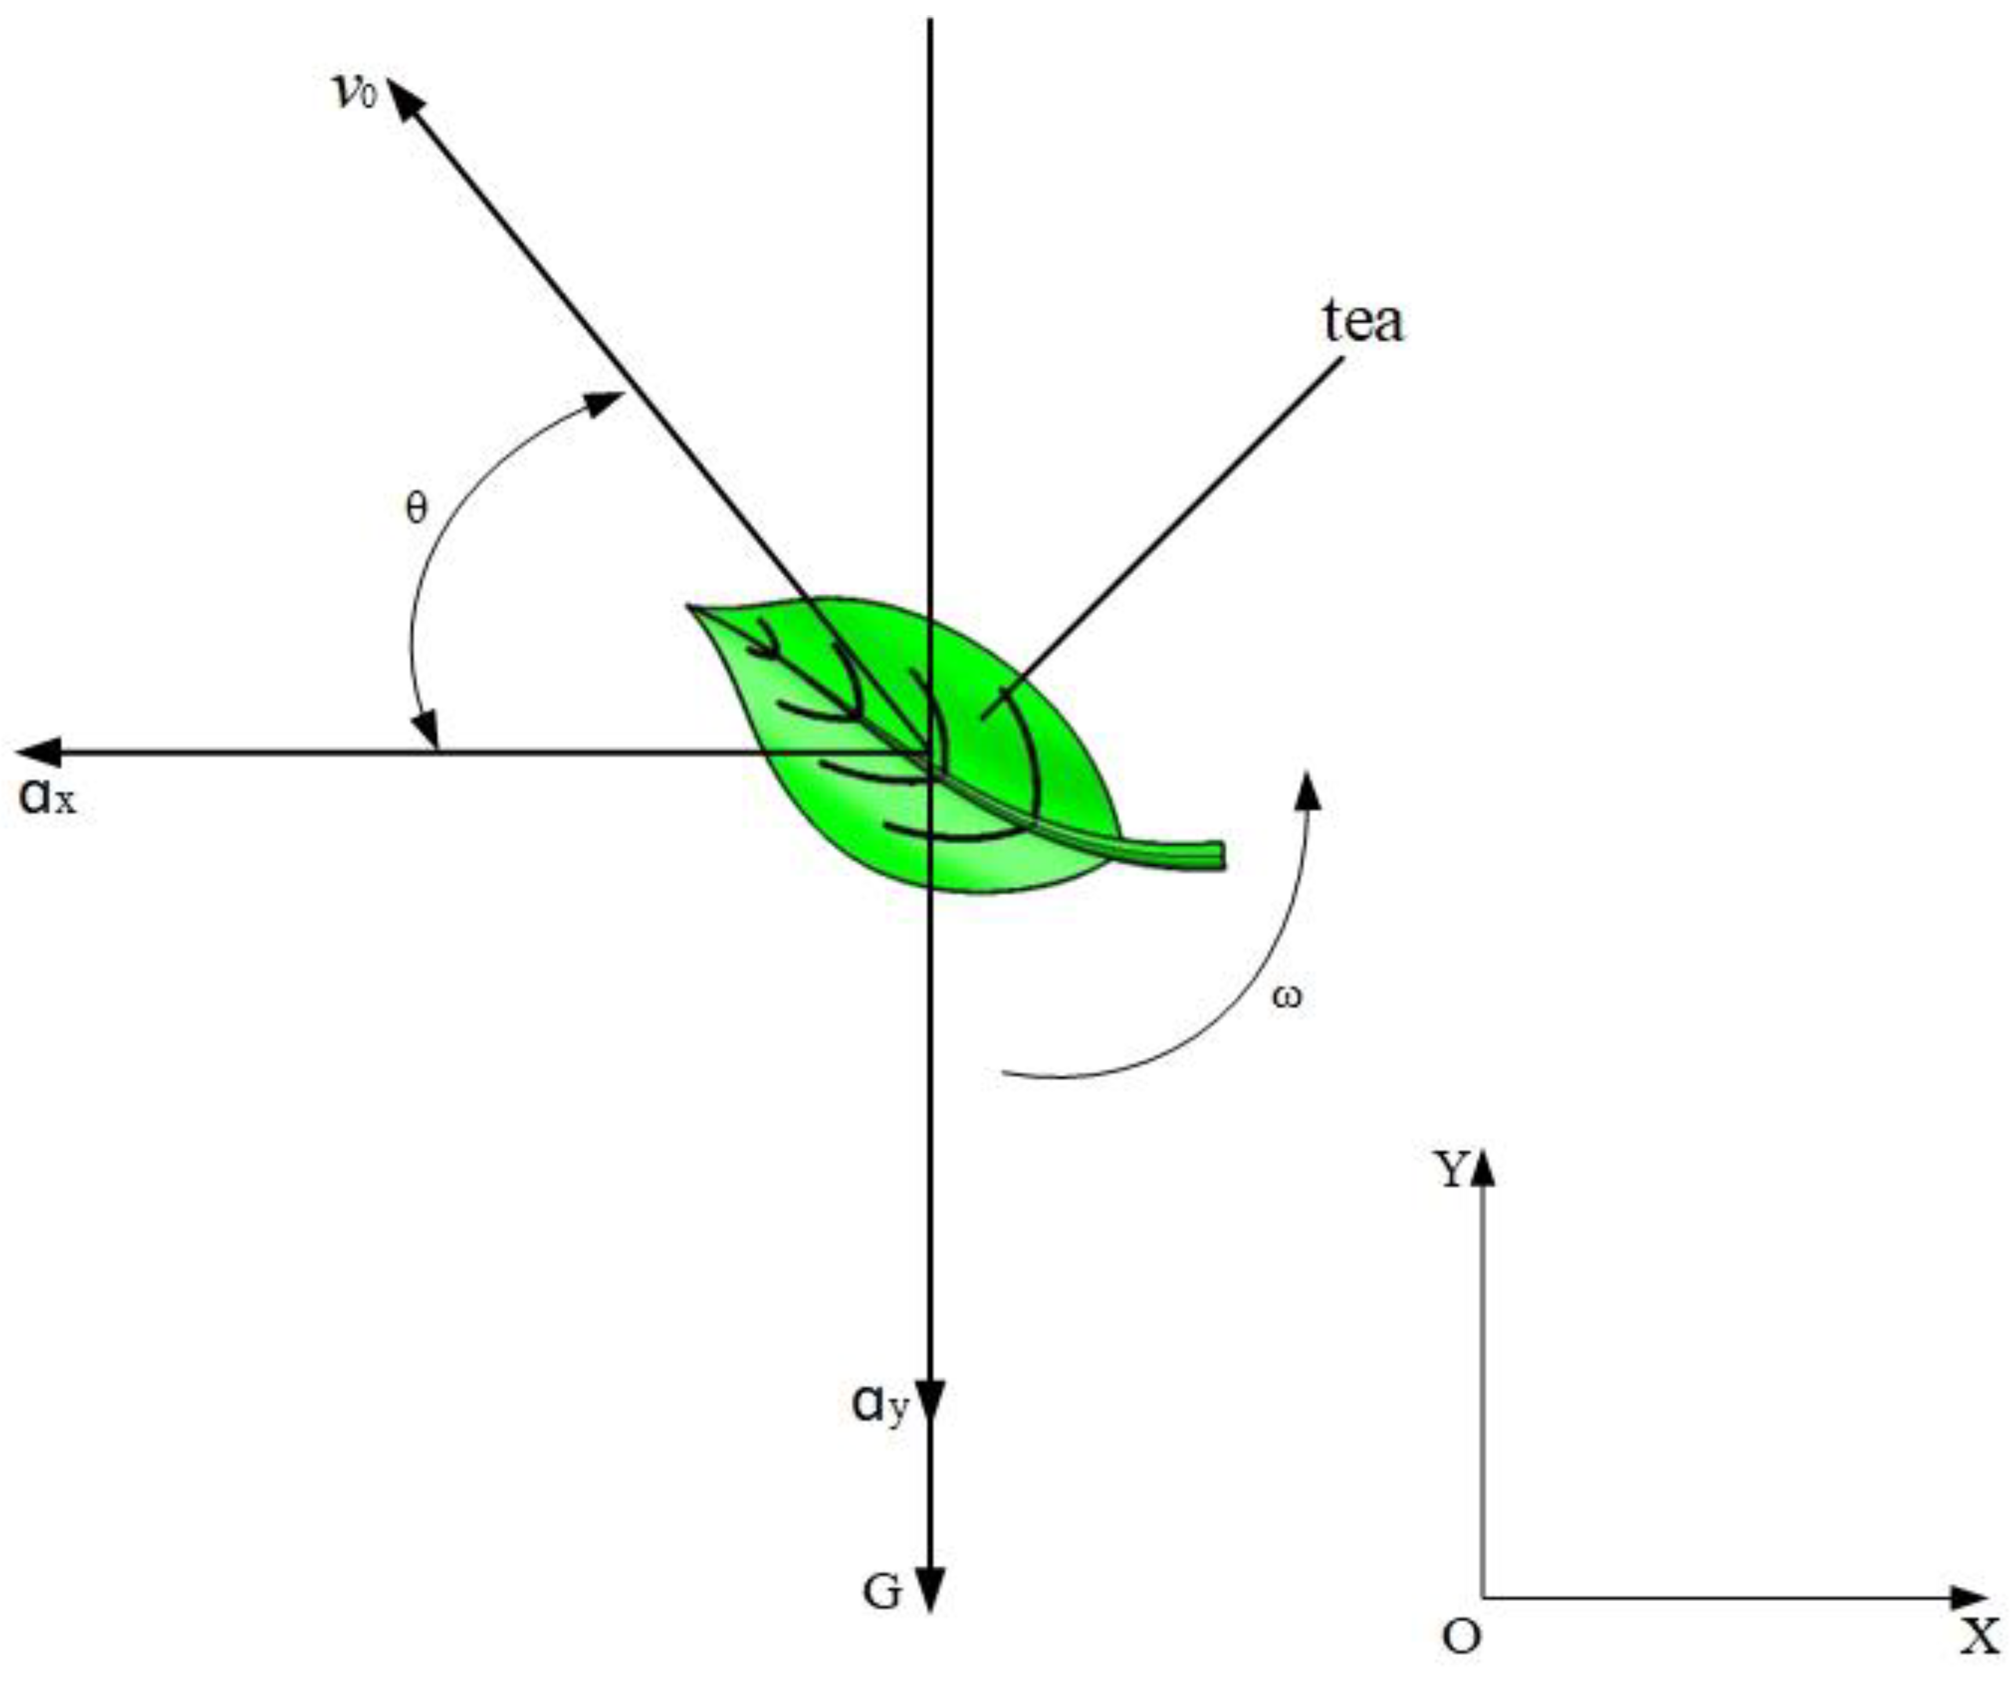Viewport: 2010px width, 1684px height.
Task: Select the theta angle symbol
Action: (416, 509)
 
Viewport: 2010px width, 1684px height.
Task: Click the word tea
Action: (1363, 322)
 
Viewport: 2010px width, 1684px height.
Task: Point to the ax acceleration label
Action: (46, 797)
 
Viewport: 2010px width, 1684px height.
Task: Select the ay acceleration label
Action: (878, 1406)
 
